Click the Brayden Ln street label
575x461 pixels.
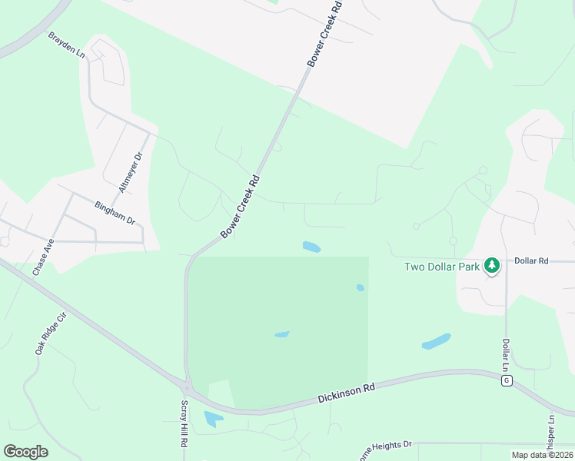tap(65, 46)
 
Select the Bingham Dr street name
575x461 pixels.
tap(115, 213)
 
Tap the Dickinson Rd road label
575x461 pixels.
tap(346, 394)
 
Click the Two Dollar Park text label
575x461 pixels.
tap(442, 267)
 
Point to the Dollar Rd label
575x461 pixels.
tap(531, 261)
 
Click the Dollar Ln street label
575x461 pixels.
tap(506, 354)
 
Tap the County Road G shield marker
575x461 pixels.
tap(507, 381)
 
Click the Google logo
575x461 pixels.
tap(25, 452)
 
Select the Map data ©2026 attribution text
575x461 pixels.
tap(541, 455)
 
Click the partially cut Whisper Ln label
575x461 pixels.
tap(551, 434)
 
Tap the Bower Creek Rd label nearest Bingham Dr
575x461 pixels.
tap(241, 206)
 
